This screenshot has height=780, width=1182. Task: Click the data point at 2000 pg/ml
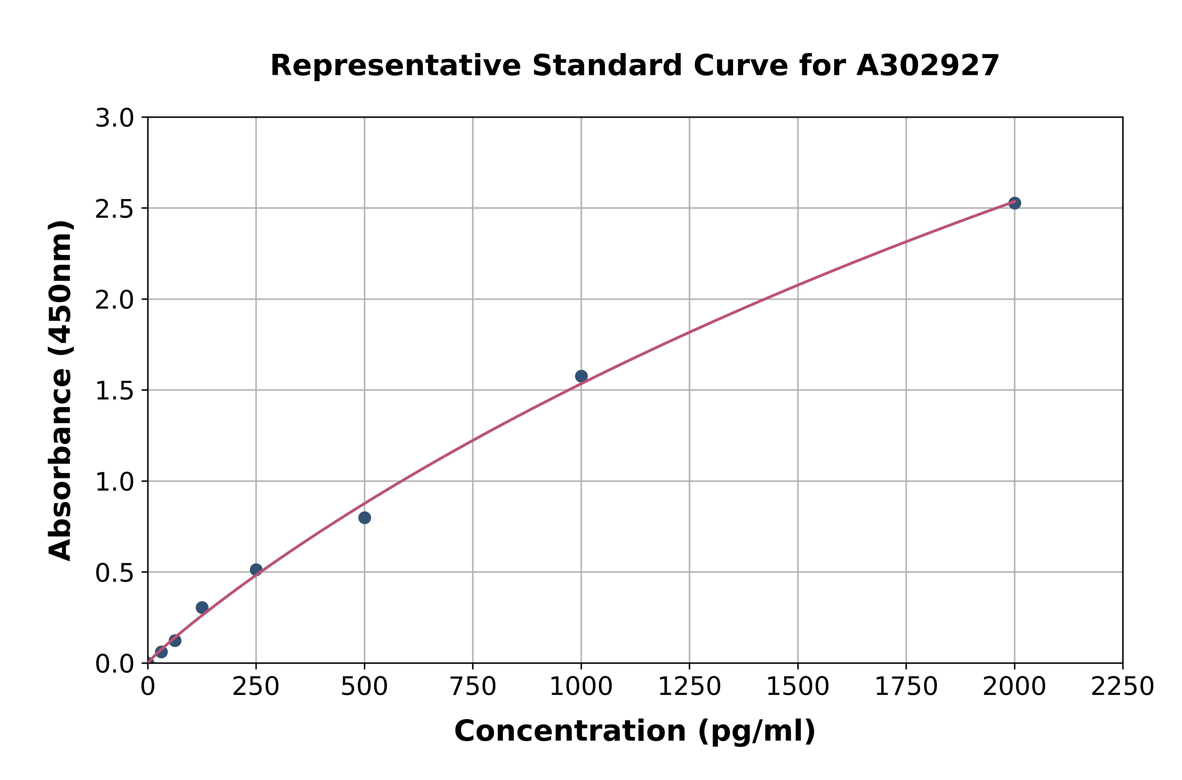tap(1014, 203)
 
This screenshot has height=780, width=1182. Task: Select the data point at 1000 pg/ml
tap(581, 376)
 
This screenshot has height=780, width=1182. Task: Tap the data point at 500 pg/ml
tap(365, 518)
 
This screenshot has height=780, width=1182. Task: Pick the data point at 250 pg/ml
tap(256, 570)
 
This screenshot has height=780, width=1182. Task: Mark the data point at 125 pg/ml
tap(202, 607)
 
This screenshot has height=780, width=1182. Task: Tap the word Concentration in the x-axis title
tap(570, 731)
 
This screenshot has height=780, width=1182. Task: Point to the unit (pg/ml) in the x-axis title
tap(756, 731)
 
